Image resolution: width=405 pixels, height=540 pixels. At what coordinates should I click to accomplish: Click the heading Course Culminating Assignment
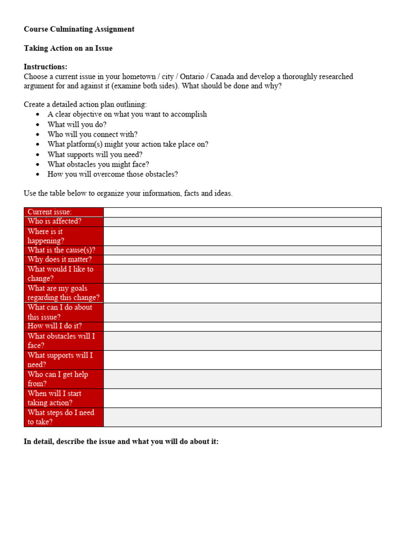tap(79, 29)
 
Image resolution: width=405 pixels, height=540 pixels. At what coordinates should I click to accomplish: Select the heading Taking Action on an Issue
tap(68, 48)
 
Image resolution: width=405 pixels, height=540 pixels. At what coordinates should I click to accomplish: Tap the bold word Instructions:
tap(45, 67)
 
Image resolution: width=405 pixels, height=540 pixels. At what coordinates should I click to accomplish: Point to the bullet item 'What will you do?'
tap(76, 124)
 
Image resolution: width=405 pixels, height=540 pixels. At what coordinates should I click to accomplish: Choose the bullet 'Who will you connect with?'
tap(92, 134)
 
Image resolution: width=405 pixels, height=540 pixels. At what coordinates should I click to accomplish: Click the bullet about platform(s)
tap(128, 144)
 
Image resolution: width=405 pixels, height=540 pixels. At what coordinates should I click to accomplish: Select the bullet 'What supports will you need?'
tap(95, 155)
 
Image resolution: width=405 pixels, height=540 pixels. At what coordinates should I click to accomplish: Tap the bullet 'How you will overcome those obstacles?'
tap(112, 174)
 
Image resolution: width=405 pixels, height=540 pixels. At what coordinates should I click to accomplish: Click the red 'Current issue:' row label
tap(50, 212)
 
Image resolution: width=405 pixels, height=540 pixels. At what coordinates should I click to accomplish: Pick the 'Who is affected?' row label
tap(54, 221)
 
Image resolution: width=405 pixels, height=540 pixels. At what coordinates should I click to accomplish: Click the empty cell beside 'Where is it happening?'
tap(242, 236)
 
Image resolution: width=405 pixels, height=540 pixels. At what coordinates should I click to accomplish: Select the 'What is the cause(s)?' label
tap(61, 250)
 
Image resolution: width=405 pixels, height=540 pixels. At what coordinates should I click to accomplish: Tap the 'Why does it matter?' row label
tap(60, 259)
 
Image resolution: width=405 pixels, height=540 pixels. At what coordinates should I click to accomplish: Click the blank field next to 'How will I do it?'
tap(242, 326)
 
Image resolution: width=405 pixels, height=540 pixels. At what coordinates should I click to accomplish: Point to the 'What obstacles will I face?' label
tap(61, 341)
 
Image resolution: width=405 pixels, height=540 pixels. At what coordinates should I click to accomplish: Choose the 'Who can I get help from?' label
tap(58, 379)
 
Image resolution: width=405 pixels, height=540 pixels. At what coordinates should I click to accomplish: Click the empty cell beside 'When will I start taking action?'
tap(242, 398)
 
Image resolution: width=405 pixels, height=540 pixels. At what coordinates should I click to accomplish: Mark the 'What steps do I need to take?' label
tap(61, 417)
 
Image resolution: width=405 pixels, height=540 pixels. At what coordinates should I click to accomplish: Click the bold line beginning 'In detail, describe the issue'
tap(121, 441)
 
